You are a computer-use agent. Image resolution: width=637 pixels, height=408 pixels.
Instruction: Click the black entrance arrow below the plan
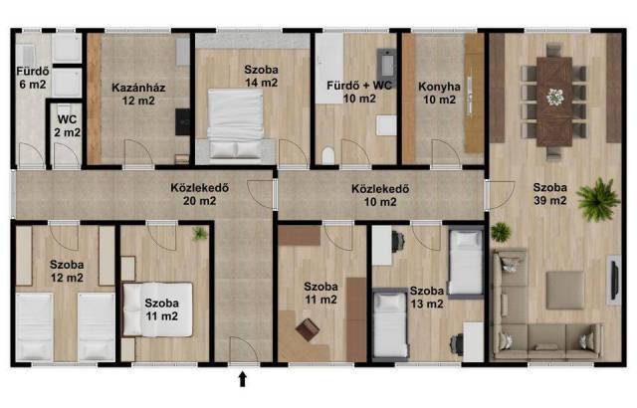243,379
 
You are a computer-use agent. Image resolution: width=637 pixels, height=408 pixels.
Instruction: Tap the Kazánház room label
138,88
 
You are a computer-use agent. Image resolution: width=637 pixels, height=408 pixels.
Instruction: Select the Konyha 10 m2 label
440,93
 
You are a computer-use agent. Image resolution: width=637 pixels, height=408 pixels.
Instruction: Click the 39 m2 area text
550,201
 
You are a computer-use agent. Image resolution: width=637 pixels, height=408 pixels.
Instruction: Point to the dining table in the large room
554,102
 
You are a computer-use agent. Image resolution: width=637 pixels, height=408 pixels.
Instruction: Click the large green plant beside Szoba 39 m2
598,199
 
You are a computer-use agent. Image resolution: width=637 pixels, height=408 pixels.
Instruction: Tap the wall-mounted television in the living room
615,280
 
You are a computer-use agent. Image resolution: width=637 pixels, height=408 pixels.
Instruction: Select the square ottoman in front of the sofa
565,291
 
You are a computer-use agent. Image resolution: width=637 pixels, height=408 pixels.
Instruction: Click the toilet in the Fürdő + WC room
327,155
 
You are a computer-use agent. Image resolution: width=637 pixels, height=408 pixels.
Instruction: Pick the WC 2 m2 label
67,125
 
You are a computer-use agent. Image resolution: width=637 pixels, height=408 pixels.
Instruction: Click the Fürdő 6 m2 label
33,78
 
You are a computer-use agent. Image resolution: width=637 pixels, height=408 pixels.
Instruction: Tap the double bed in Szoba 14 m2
236,123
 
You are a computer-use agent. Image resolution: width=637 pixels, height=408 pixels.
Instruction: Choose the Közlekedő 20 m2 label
199,194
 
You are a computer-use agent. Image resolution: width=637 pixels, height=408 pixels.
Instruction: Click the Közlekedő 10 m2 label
380,195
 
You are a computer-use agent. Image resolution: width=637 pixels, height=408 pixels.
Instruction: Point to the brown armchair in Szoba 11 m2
308,329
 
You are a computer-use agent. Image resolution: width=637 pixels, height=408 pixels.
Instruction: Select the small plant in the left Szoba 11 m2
199,234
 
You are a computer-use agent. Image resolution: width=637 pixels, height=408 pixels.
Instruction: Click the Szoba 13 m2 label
427,298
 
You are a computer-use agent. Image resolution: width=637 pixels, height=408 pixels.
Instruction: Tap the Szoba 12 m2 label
67,272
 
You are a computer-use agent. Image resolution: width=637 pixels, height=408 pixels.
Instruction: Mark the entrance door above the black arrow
244,349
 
